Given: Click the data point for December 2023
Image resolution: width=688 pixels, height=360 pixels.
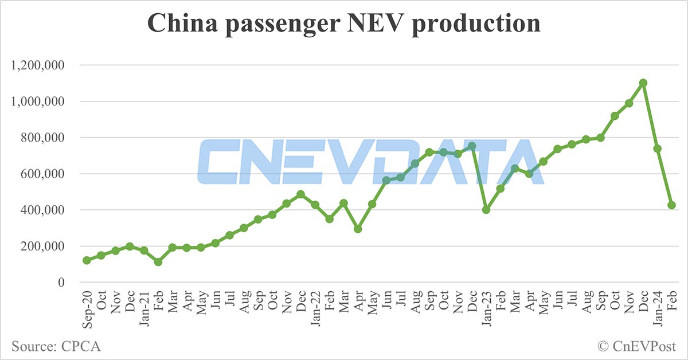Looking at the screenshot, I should tap(643, 83).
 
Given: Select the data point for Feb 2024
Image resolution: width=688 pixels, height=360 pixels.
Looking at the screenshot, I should tap(671, 205).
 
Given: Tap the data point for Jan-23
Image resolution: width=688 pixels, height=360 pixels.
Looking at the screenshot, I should tap(486, 210).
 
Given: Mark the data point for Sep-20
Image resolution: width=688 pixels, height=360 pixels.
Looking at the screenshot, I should tap(87, 260).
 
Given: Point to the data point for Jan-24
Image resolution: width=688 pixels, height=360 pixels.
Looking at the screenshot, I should tap(658, 148).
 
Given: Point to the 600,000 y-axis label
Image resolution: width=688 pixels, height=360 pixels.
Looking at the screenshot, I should tap(44, 174).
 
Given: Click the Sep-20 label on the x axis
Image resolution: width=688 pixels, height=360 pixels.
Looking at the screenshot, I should tap(87, 307).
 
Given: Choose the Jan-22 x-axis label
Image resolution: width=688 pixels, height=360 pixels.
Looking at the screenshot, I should tap(315, 307).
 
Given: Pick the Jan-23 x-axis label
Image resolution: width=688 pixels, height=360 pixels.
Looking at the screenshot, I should tap(486, 307).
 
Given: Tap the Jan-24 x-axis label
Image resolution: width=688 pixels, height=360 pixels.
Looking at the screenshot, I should tap(658, 307).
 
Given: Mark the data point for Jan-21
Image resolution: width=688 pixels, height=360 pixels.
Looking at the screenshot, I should tap(143, 251).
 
